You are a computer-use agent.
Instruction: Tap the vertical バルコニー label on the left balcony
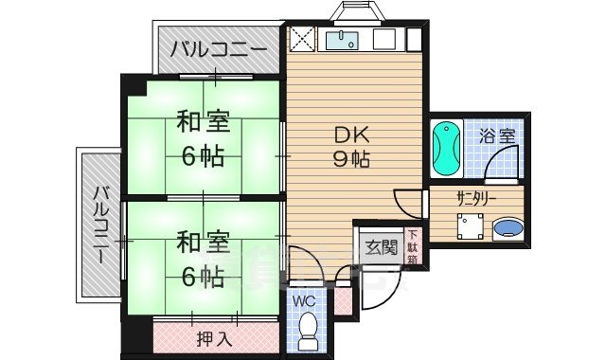click(x=98, y=226)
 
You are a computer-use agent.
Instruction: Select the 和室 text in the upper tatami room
click(x=201, y=122)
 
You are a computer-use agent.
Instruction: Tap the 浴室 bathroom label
click(x=496, y=135)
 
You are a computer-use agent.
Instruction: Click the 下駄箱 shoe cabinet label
click(x=413, y=246)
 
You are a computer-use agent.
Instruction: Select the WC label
click(x=303, y=302)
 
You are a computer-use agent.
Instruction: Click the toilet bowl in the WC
click(x=306, y=330)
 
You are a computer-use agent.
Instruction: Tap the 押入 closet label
click(x=214, y=337)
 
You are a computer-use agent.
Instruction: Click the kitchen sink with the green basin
click(x=340, y=40)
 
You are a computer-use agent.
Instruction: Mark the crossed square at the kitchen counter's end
click(x=302, y=39)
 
